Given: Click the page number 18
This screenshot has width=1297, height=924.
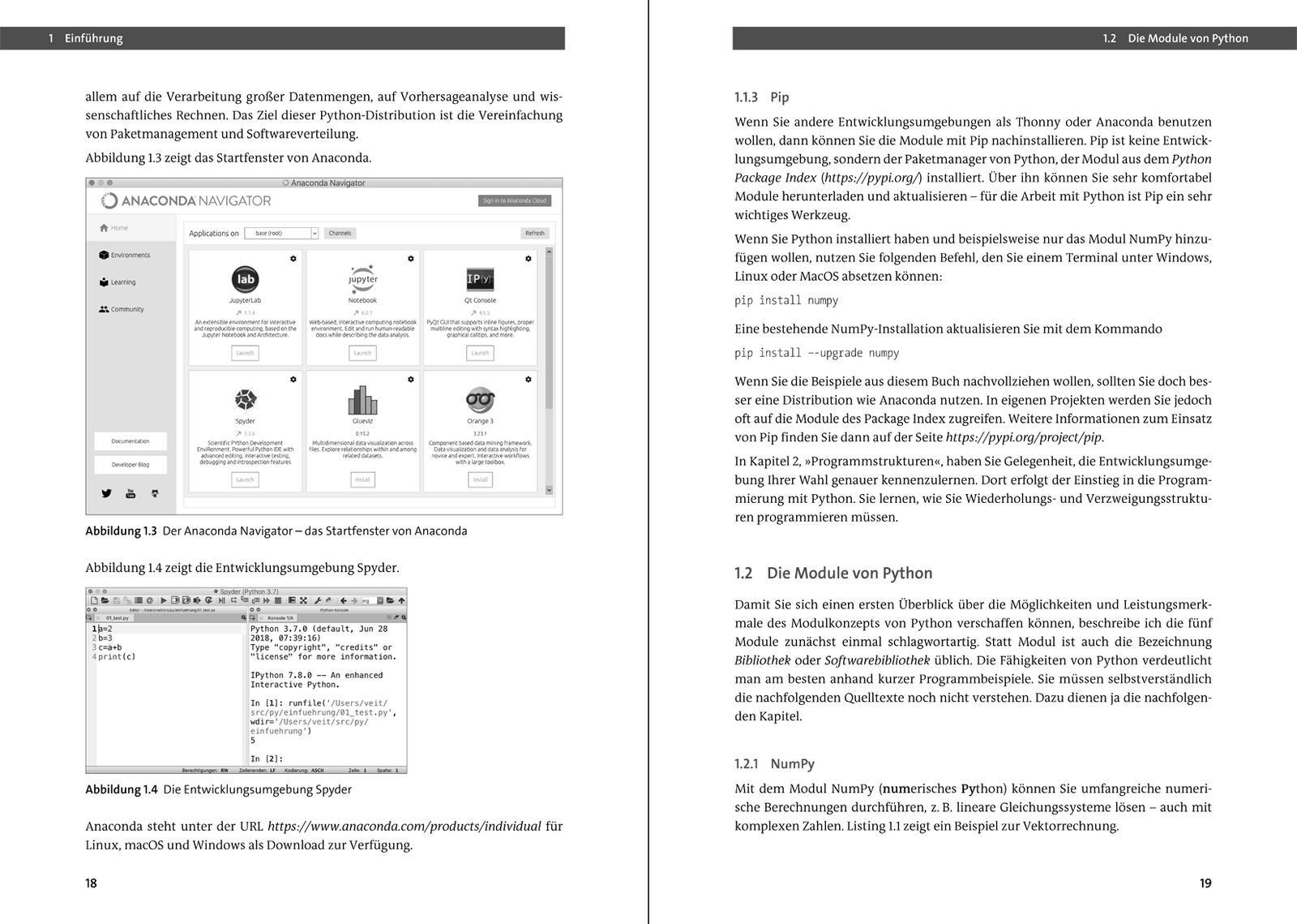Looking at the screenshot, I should click(92, 883).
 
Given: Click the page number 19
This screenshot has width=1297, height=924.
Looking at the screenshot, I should click(1205, 883).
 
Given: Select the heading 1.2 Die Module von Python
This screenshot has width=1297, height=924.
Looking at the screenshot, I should click(833, 573).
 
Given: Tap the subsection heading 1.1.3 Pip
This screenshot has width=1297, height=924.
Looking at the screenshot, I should click(762, 97).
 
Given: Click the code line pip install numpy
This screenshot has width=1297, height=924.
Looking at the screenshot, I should click(786, 300).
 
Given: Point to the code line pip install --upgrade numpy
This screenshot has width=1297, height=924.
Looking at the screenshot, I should click(816, 353).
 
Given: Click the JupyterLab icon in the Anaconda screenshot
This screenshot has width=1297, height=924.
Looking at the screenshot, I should click(245, 279).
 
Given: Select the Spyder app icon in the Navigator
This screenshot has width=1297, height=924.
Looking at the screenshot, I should click(245, 399).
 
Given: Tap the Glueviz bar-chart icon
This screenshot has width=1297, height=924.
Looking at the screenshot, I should click(362, 400).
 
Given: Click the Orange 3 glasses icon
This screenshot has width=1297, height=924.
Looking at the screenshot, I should click(480, 400).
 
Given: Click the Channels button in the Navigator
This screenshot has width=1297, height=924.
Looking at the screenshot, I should click(340, 233).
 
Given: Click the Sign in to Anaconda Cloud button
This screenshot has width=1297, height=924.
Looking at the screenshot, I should click(514, 200).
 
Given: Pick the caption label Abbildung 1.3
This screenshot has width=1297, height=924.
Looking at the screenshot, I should click(121, 531).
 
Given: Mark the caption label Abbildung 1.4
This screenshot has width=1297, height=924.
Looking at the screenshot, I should click(121, 789).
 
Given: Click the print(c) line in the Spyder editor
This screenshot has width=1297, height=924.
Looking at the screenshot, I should click(117, 656).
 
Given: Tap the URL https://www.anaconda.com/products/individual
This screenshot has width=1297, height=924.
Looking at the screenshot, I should click(404, 826).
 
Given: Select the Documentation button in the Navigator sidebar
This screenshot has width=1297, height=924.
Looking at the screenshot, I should click(130, 441).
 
